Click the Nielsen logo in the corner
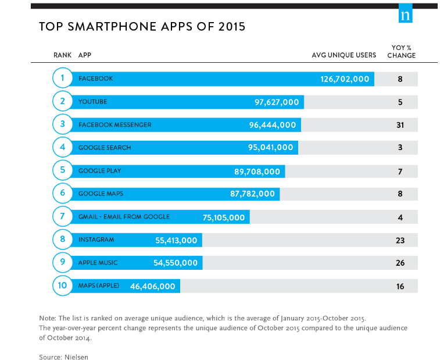point(405,16)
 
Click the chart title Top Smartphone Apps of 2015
point(142,27)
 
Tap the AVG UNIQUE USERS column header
point(344,55)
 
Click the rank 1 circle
point(62,78)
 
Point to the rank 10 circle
point(62,286)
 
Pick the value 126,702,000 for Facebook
point(345,79)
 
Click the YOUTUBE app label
point(92,102)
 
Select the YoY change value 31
point(400,125)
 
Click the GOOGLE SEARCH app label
point(105,148)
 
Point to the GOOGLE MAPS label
point(101,194)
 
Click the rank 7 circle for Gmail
point(62,216)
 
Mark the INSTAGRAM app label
point(96,240)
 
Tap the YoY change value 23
point(400,240)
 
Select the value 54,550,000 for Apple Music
point(175,263)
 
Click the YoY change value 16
point(400,286)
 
